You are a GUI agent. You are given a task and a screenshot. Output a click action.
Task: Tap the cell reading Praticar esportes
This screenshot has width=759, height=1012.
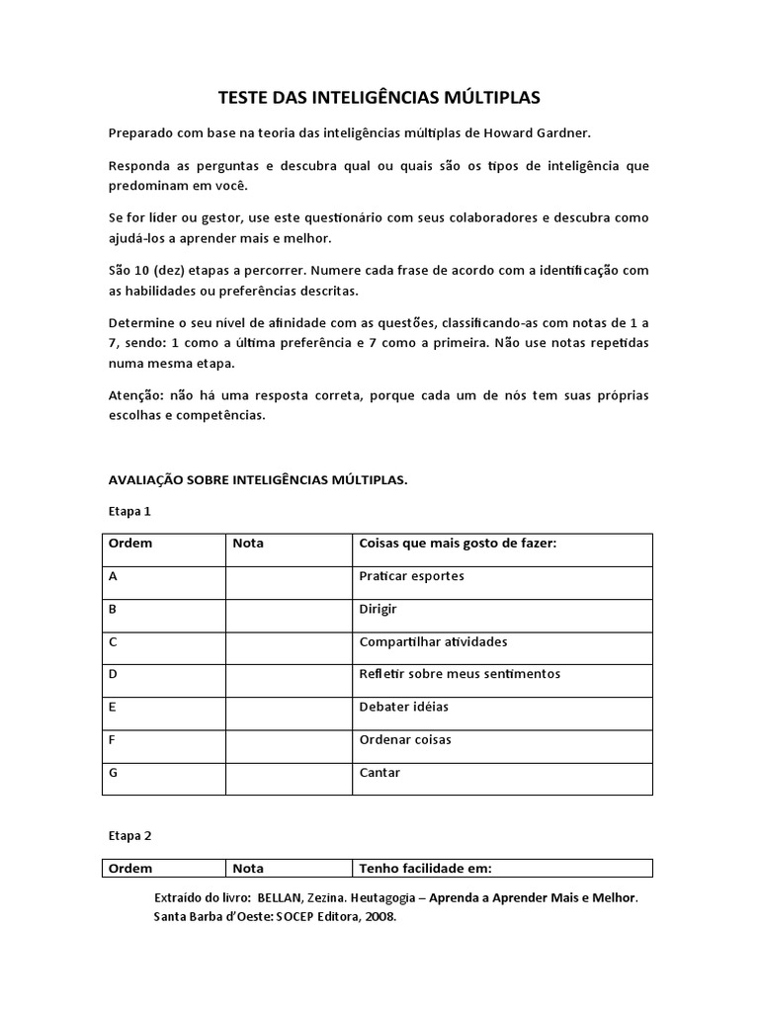pyautogui.click(x=412, y=576)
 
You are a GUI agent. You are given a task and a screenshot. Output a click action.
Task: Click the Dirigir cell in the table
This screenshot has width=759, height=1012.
pyautogui.click(x=379, y=609)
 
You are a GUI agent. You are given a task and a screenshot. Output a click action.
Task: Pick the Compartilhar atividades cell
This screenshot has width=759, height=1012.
pyautogui.click(x=434, y=641)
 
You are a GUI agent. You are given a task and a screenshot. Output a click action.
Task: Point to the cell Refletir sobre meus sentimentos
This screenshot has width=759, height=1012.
pyautogui.click(x=460, y=674)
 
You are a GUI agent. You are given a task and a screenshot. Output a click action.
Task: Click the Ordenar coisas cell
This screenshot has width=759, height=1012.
pyautogui.click(x=406, y=739)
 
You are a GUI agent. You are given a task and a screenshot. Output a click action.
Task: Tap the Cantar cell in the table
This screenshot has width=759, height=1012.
pyautogui.click(x=379, y=773)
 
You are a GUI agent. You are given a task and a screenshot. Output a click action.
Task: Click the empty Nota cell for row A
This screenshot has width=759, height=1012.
pyautogui.click(x=288, y=582)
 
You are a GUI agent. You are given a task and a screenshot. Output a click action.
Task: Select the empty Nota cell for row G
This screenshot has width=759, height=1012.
pyautogui.click(x=288, y=778)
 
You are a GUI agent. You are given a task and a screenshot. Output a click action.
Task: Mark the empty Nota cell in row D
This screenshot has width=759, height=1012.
pyautogui.click(x=288, y=680)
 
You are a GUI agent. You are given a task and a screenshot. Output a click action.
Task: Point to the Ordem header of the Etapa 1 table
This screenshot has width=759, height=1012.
pyautogui.click(x=129, y=543)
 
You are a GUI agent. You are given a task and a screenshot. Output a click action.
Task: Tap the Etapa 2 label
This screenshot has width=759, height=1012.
pyautogui.click(x=129, y=835)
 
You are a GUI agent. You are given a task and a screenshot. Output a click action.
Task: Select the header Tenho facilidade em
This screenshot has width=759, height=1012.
pyautogui.click(x=425, y=869)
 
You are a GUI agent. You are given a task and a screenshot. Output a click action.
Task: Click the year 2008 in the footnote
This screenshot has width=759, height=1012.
pyautogui.click(x=379, y=916)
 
